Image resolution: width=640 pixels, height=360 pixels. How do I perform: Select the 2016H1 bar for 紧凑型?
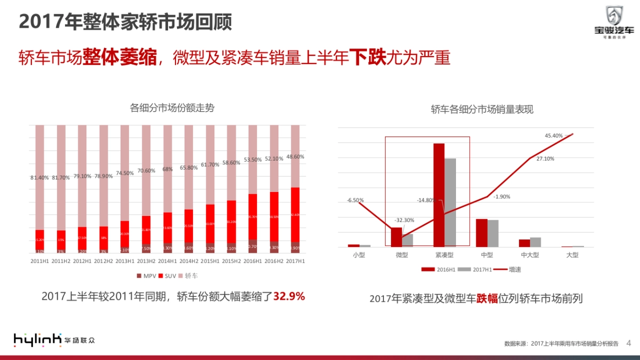click(438, 195)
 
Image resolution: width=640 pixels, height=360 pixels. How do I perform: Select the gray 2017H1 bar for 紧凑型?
click(450, 203)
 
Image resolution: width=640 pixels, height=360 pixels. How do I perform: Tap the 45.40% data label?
click(554, 136)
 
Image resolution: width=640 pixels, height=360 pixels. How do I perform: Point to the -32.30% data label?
click(404, 220)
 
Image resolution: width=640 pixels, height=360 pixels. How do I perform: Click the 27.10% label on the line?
click(545, 159)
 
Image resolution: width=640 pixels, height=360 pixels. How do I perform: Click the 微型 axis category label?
click(402, 255)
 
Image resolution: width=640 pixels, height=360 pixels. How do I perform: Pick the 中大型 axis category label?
click(530, 255)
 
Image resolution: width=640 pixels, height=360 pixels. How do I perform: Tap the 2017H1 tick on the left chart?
click(295, 261)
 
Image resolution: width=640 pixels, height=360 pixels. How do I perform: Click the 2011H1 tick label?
click(39, 261)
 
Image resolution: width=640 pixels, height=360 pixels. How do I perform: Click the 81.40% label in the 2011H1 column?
click(41, 177)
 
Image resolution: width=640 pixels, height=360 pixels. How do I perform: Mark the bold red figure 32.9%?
click(289, 296)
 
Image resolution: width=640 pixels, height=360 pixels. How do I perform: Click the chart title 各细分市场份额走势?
click(172, 108)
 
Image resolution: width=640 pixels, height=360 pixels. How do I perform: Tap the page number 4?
click(628, 342)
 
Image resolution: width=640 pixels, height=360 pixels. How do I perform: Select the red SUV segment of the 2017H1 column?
click(295, 214)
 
